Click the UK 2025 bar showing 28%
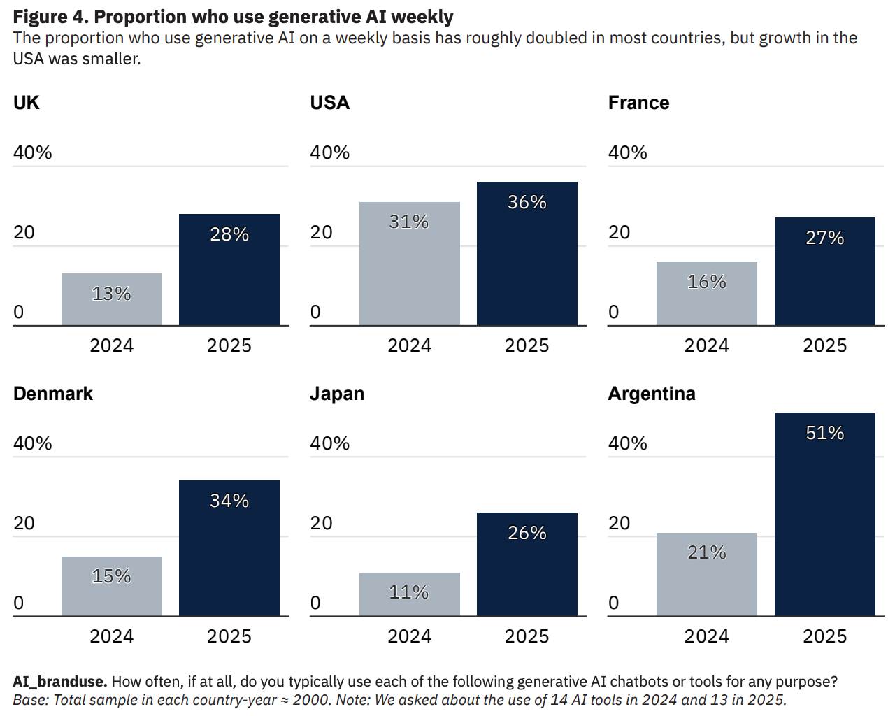[229, 269]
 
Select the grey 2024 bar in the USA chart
[409, 264]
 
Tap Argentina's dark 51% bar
[824, 514]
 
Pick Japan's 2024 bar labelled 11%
[409, 594]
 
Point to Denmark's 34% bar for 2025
[229, 547]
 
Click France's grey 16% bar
[706, 294]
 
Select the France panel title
[638, 103]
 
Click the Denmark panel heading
[53, 394]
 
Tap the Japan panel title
[337, 394]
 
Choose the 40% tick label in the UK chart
[32, 152]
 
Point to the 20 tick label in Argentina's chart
[619, 523]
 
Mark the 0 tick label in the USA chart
[315, 312]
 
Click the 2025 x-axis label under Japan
[527, 636]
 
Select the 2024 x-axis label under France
[706, 345]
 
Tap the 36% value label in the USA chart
[527, 202]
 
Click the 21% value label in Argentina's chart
[706, 552]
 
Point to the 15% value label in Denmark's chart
[111, 576]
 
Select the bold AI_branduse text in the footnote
[60, 682]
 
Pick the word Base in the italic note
[29, 700]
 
